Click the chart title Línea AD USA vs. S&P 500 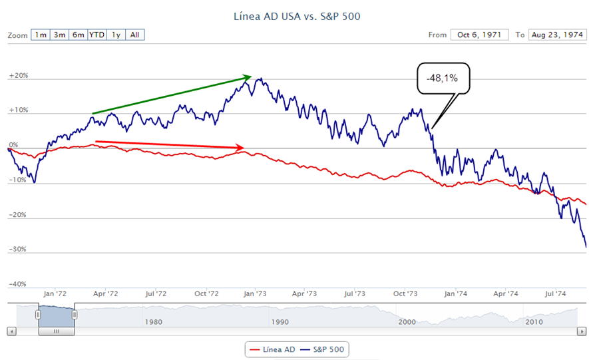click(x=297, y=15)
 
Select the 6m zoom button click(x=79, y=35)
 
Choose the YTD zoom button click(x=97, y=35)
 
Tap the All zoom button click(x=135, y=35)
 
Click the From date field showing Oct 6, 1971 click(x=479, y=35)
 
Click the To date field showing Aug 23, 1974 click(x=557, y=35)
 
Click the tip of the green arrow click(x=251, y=77)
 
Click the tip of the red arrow click(x=244, y=147)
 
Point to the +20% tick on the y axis click(x=19, y=76)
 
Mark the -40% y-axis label click(x=18, y=284)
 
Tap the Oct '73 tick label click(x=405, y=293)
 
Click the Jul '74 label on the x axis click(x=555, y=293)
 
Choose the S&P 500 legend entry click(x=324, y=349)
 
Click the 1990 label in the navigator click(x=280, y=321)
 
